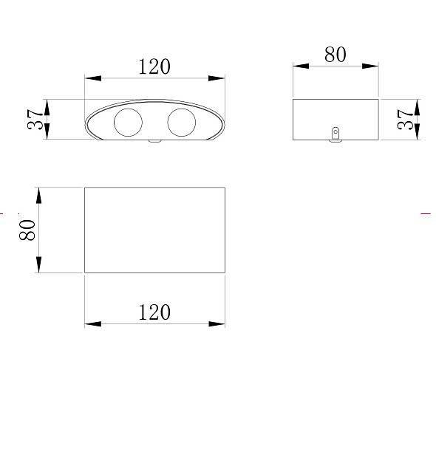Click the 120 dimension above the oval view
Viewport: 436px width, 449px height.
154,66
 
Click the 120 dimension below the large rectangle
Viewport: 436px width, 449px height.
154,312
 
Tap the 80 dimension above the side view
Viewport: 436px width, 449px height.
335,55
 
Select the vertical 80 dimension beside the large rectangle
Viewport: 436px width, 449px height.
27,230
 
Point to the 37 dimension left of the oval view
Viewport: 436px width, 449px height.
35,120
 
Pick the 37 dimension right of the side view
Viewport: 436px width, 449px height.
406,120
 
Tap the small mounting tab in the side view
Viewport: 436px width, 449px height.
335,134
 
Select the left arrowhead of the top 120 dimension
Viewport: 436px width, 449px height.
93,78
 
